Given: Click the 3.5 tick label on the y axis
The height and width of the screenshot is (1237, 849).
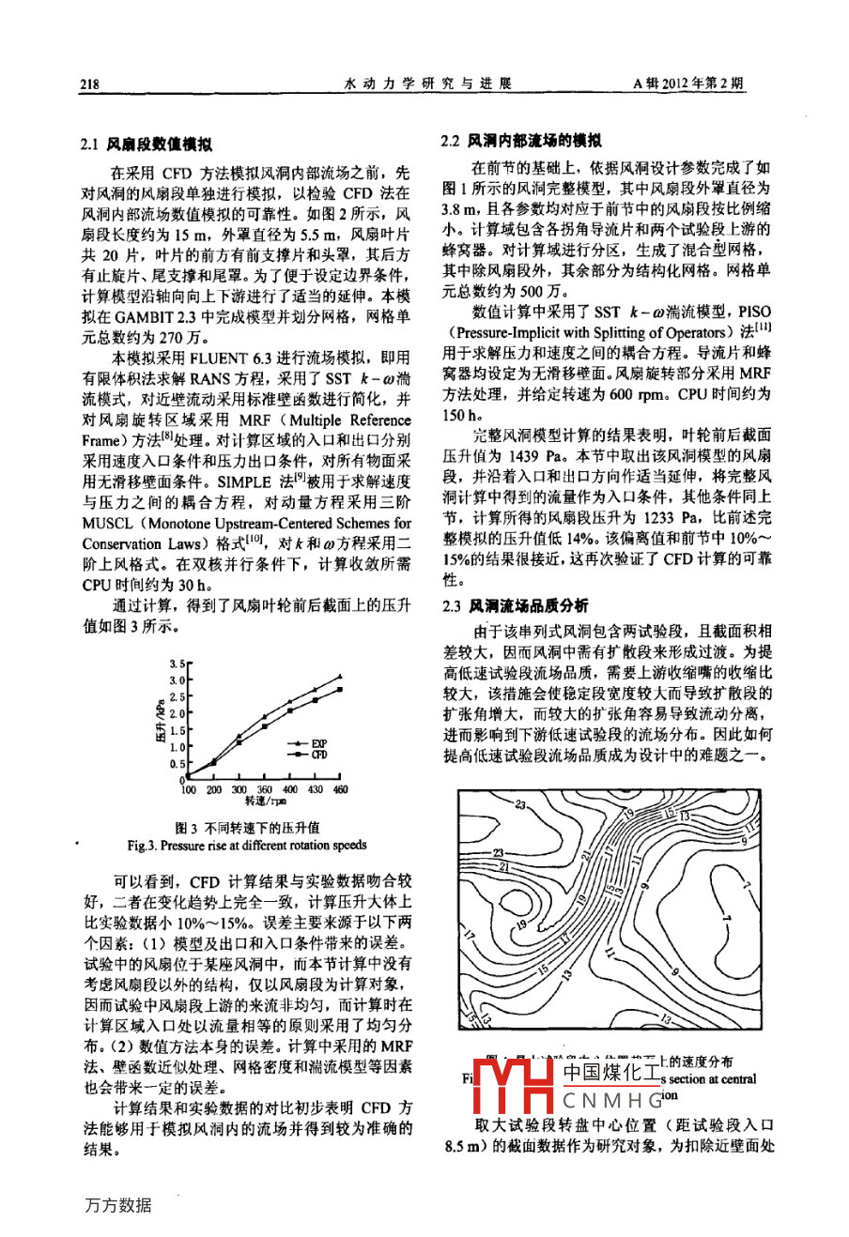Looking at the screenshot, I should [x=176, y=664].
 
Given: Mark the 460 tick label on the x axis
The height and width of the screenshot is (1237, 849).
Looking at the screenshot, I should [x=340, y=790].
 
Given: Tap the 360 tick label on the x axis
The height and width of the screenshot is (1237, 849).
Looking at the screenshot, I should [x=265, y=790].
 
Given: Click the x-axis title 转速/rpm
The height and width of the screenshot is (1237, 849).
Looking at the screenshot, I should [x=266, y=802].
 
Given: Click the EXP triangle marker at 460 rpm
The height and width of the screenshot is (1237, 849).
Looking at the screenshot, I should [x=340, y=675].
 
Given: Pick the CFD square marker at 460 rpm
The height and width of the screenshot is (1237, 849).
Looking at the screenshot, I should [x=340, y=689].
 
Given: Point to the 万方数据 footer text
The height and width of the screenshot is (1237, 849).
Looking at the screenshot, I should [x=117, y=1205].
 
